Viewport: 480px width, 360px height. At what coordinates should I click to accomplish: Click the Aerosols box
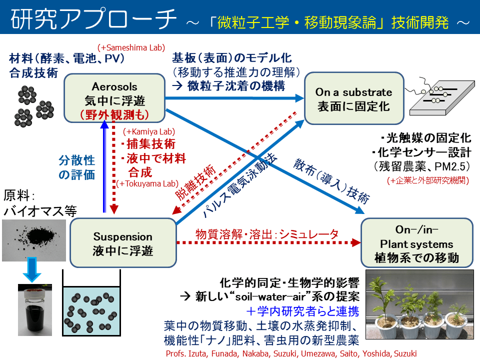click(114, 97)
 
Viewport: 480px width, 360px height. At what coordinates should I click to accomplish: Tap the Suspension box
click(123, 242)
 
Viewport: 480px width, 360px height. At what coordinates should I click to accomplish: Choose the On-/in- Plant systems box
click(416, 243)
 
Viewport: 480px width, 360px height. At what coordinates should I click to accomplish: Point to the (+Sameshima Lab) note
click(123, 46)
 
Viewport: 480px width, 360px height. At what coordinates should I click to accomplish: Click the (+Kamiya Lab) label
click(149, 131)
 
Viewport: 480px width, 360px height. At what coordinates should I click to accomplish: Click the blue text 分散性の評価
click(76, 167)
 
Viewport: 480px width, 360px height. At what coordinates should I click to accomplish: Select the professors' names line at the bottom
click(290, 352)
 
